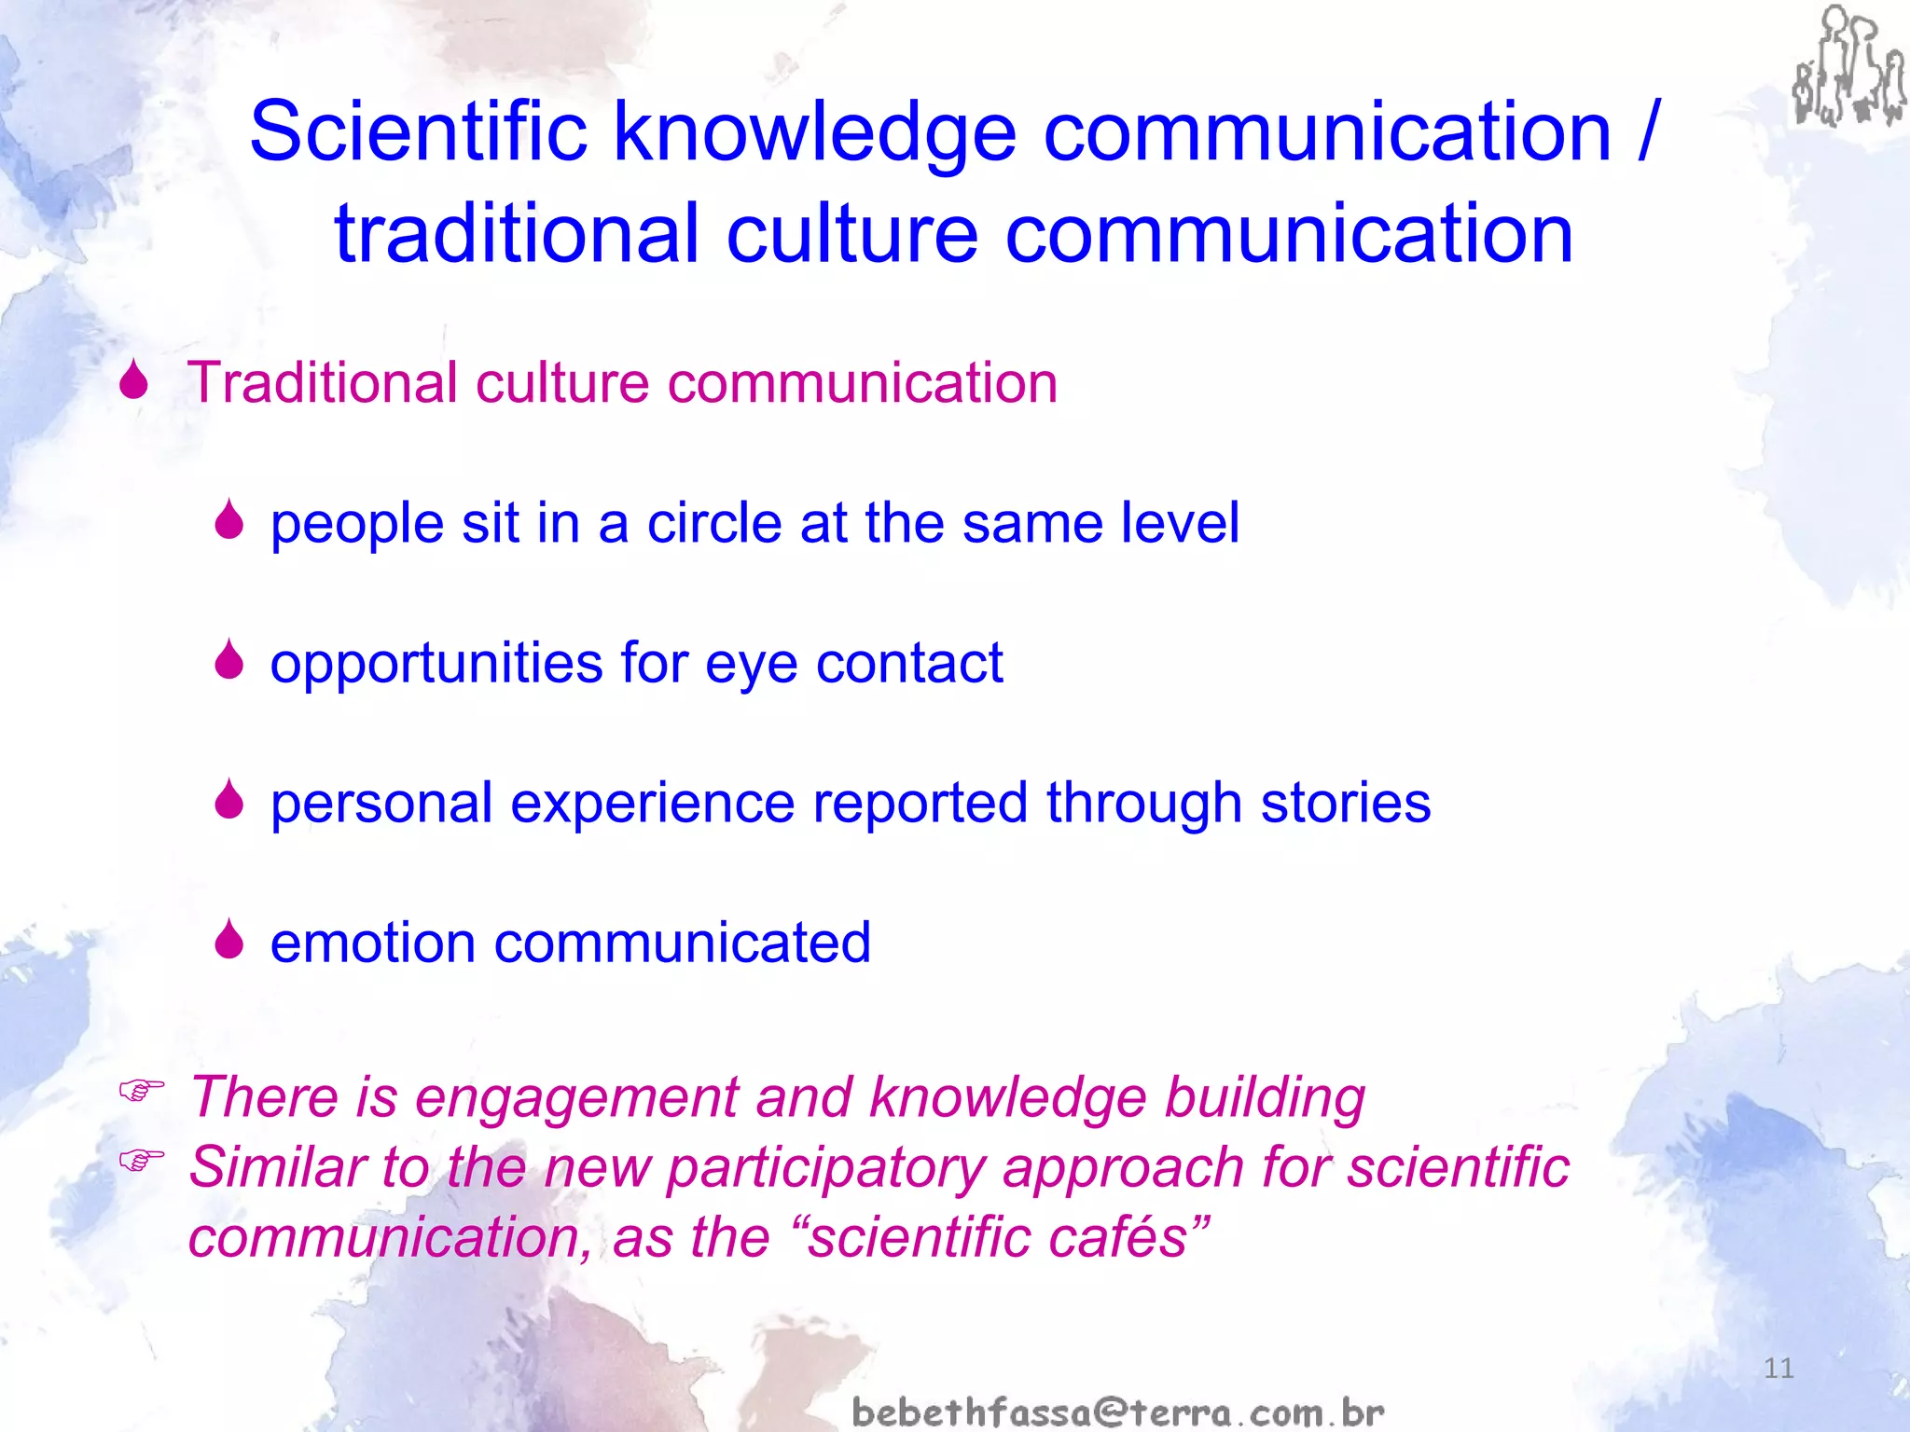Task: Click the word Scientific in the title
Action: [418, 132]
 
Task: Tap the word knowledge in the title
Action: [813, 132]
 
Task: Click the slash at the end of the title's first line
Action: [1648, 132]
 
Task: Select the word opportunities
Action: [436, 664]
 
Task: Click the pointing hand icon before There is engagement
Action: [142, 1088]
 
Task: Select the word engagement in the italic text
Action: [576, 1097]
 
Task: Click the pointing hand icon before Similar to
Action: [142, 1159]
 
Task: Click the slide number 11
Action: [1779, 1369]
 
